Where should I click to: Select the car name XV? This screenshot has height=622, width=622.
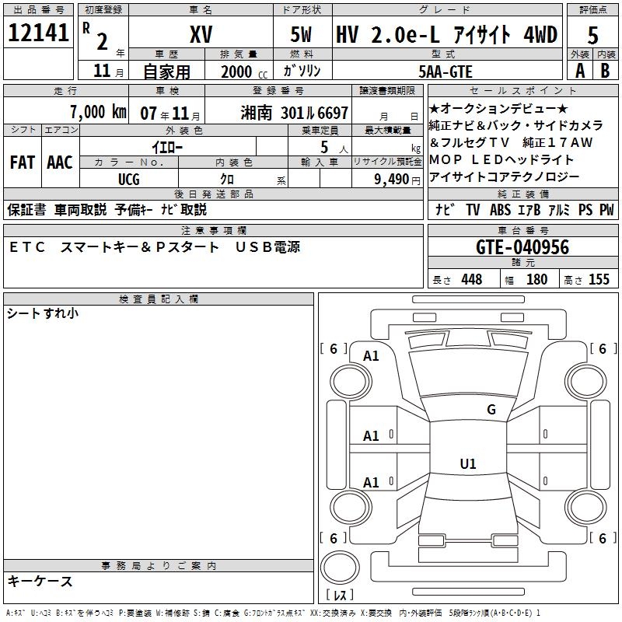[x=202, y=35]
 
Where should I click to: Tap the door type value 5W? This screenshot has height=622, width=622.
[x=302, y=35]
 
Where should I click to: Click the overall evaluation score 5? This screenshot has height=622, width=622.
[x=593, y=35]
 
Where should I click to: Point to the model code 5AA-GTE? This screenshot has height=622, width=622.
[x=445, y=71]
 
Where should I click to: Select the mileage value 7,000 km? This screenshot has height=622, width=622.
[x=98, y=112]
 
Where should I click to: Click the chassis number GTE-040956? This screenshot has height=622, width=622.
[x=522, y=247]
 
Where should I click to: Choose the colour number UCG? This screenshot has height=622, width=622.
[x=129, y=178]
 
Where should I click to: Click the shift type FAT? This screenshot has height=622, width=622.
[x=22, y=162]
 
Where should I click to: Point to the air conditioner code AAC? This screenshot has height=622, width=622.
[x=60, y=162]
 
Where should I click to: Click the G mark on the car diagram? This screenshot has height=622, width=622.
[x=491, y=410]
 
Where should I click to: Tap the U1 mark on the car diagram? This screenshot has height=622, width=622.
[x=467, y=464]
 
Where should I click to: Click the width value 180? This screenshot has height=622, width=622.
[x=536, y=279]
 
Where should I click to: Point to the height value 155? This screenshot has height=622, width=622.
[x=599, y=279]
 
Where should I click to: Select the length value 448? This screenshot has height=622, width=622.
[x=471, y=279]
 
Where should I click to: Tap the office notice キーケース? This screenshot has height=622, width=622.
[x=40, y=581]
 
